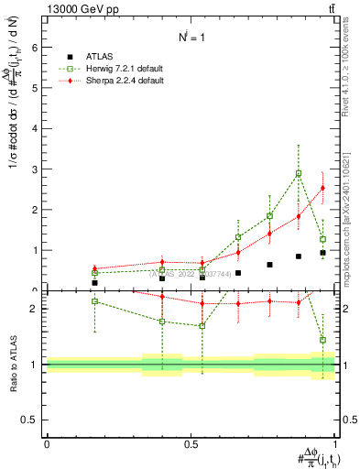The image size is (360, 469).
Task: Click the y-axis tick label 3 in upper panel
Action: point(34,169)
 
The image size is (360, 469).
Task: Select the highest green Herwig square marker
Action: point(299,173)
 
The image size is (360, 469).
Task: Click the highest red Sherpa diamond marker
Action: point(322,188)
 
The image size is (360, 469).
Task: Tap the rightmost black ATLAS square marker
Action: point(322,252)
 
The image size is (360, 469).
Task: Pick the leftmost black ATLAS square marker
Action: point(94,283)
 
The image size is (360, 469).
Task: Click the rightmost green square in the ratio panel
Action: point(322,340)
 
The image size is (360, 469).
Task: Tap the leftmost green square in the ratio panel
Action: point(94,301)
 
